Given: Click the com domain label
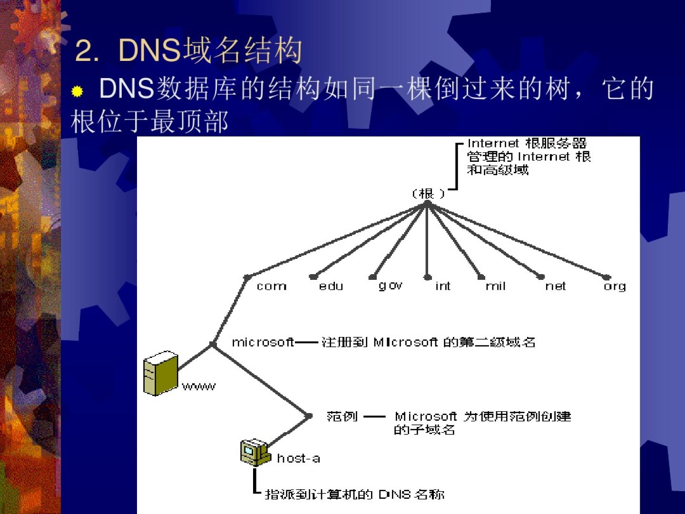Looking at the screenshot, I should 272,286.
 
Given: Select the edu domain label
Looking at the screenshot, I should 331,286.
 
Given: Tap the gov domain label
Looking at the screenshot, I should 391,286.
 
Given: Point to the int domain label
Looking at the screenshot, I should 442,286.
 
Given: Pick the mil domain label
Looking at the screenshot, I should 495,286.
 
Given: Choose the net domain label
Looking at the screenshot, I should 556,286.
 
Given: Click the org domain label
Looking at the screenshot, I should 615,286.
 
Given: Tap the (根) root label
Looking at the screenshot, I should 428,194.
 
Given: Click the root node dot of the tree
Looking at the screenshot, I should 427,203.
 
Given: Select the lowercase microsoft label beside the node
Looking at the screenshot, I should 263,342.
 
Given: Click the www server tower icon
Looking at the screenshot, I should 160,374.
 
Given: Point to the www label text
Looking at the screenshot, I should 199,386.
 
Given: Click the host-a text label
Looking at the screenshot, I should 298,458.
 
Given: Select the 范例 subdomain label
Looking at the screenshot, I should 342,416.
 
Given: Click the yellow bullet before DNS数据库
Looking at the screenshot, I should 77,91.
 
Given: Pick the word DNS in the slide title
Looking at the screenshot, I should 149,50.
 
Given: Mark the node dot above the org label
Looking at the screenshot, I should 607,277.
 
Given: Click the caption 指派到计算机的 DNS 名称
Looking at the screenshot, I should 354,494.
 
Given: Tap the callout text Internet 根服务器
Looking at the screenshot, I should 527,143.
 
